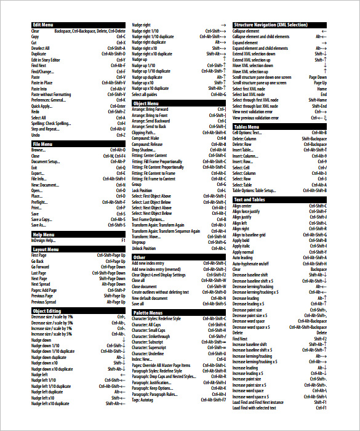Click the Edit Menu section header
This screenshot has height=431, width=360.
(42, 25)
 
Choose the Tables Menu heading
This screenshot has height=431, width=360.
(246, 127)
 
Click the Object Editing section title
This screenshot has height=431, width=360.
(47, 311)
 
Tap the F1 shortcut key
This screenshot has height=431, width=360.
(123, 240)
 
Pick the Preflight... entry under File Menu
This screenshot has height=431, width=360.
(39, 202)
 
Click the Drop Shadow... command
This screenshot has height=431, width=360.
(145, 150)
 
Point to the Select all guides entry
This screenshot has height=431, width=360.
(145, 94)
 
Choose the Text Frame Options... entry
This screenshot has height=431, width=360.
(148, 219)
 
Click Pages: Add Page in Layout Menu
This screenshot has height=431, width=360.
(44, 290)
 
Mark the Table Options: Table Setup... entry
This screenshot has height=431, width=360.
(254, 191)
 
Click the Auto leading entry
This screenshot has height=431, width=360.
(242, 257)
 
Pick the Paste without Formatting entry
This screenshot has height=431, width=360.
(51, 94)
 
